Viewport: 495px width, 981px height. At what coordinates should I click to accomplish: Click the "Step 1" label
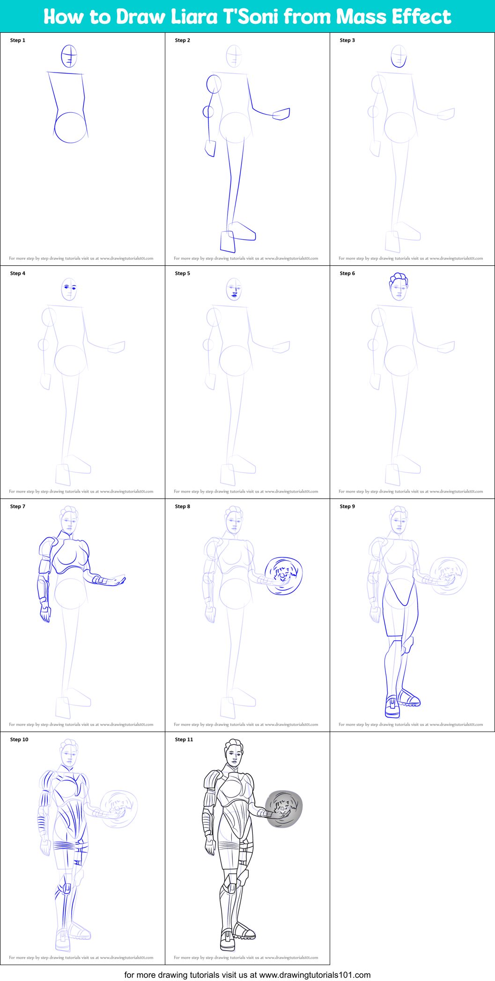click(18, 40)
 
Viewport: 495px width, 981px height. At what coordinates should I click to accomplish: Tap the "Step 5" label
click(183, 273)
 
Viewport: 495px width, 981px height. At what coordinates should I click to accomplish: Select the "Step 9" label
click(347, 506)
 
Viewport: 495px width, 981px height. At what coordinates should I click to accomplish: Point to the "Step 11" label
click(184, 739)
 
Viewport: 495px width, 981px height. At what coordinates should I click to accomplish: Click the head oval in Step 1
click(69, 57)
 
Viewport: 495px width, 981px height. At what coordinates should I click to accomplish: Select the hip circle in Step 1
click(71, 127)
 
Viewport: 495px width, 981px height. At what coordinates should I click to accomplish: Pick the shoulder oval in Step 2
click(214, 84)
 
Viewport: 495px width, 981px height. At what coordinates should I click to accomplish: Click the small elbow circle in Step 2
click(208, 111)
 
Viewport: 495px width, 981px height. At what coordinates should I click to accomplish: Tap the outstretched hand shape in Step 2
click(281, 114)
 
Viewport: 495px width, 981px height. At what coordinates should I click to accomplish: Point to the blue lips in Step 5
click(234, 296)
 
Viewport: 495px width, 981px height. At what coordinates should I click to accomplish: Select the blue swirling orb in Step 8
click(283, 576)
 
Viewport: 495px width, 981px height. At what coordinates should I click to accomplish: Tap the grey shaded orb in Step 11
click(284, 809)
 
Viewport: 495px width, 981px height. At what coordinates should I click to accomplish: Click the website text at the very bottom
click(247, 975)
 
